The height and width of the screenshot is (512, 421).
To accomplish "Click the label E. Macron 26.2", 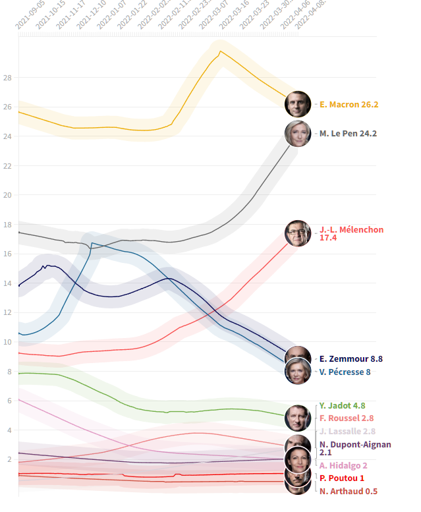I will pos(349,104).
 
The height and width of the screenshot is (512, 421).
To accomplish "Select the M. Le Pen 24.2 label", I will pos(348,134).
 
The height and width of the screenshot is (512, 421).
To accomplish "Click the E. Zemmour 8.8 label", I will pos(351,359).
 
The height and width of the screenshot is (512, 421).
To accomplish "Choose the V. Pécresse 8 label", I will pos(345,372).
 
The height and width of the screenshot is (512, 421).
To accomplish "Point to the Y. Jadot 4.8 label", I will pos(342,406).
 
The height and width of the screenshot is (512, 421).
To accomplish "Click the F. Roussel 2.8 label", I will pos(347,418).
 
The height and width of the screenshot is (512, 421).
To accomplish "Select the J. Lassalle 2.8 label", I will pos(347,431).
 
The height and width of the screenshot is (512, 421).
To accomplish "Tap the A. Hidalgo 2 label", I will pos(343,465).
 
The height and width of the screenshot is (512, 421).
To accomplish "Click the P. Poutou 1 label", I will pos(341,478).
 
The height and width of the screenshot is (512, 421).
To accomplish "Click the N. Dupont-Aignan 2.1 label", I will pos(354,448).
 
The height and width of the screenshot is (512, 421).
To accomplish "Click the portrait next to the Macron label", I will pos(298,103).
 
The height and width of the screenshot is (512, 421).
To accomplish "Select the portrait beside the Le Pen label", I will pos(298,134).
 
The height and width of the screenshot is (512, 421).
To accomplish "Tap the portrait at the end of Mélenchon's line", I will pos(298,233).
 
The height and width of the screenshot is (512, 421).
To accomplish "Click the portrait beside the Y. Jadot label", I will pos(298,417).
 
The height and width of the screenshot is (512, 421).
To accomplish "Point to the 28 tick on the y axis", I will pos(8,78).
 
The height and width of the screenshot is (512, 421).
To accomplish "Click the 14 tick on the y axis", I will pos(8,283).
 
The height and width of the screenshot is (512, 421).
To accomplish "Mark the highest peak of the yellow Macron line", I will pos(220,51).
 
